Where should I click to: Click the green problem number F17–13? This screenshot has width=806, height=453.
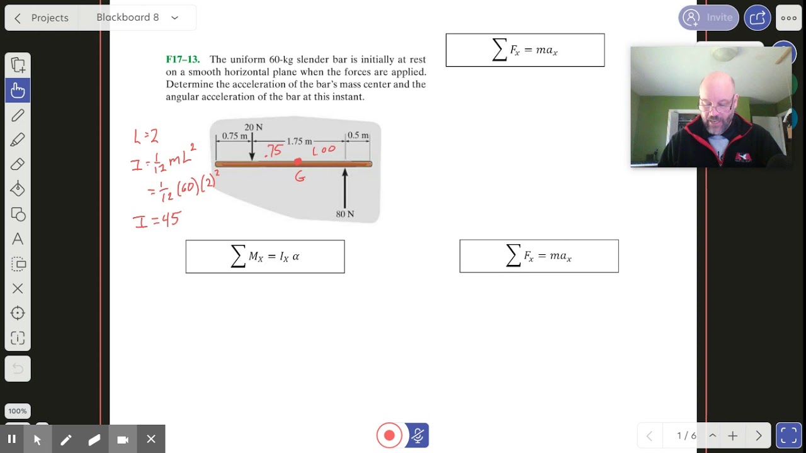pos(183,60)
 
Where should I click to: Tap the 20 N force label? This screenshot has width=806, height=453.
pos(254,127)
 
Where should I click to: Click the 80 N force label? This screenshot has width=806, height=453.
pos(345,214)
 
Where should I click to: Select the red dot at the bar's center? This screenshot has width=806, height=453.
pos(298,162)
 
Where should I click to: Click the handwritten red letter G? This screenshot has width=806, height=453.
pos(300,177)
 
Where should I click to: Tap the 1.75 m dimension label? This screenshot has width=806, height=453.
pos(299,142)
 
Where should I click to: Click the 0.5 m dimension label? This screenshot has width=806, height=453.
pos(358,135)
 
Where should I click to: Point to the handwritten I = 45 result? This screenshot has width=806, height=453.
pos(157,220)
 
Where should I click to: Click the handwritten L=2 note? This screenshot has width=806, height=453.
pos(145,136)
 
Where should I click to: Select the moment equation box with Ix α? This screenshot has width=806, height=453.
pos(265,257)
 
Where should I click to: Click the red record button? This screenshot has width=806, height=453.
pos(389,435)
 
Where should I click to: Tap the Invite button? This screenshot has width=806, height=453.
pos(708,18)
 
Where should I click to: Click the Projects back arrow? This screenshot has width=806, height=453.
pos(18,18)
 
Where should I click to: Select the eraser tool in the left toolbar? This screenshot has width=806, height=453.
pos(18,164)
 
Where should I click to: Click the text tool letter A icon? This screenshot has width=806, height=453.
pos(18,239)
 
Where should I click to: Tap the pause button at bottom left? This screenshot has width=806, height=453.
pos(11,439)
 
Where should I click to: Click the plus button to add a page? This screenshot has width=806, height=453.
pos(733,435)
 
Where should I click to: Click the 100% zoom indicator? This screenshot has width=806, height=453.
pos(18,411)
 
